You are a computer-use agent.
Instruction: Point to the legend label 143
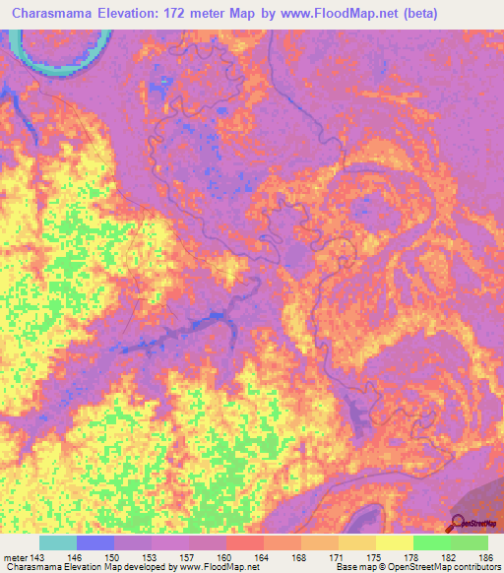pyautogui.click(x=36, y=557)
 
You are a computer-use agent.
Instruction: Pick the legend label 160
pyautogui.click(x=225, y=557)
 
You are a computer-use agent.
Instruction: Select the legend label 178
pyautogui.click(x=412, y=557)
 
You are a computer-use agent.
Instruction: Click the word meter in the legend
pyautogui.click(x=14, y=557)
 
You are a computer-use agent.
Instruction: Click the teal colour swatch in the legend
pyautogui.click(x=57, y=542)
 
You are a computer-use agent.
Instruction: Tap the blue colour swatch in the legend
pyautogui.click(x=94, y=542)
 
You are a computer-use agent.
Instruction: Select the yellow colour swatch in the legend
pyautogui.click(x=394, y=542)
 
